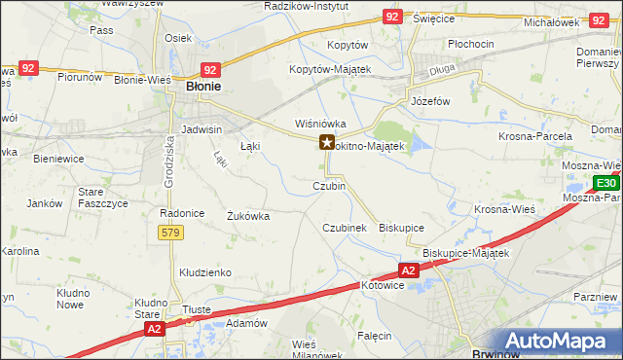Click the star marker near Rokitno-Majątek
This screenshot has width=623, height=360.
327,143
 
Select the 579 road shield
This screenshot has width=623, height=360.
170,233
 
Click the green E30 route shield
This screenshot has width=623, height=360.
605,183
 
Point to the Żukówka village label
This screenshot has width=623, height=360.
247,216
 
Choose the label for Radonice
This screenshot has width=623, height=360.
179,212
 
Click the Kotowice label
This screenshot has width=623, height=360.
383,286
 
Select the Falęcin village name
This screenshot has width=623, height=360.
374,336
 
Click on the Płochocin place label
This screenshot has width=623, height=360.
473,45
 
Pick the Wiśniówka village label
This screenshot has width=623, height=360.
321,124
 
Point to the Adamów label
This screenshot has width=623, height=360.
245,322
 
